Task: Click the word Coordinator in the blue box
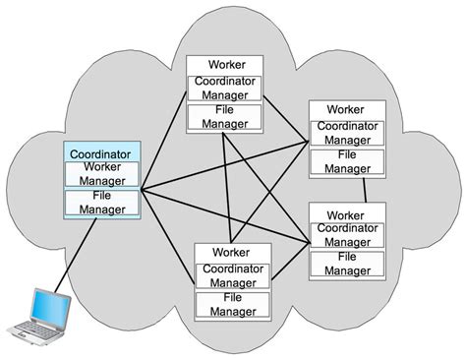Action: click(x=102, y=153)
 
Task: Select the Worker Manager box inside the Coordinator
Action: click(x=103, y=174)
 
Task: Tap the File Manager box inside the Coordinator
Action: click(x=103, y=204)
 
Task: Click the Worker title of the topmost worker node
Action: click(x=225, y=65)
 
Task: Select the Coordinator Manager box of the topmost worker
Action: click(x=226, y=87)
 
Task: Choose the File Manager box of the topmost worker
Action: click(x=226, y=117)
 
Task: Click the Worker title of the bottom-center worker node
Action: click(x=232, y=252)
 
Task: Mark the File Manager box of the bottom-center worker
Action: click(x=233, y=303)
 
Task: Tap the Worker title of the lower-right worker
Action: click(x=346, y=213)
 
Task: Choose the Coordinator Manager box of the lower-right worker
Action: click(x=347, y=235)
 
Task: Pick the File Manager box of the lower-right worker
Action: click(x=347, y=264)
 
